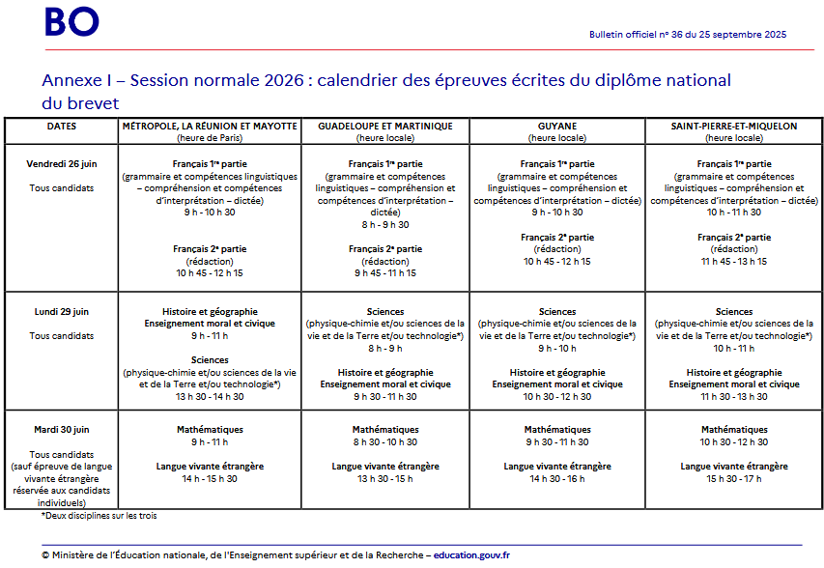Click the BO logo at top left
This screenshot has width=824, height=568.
pyautogui.click(x=71, y=21)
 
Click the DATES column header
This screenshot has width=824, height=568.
pyautogui.click(x=61, y=127)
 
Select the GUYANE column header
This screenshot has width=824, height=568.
pyautogui.click(x=557, y=127)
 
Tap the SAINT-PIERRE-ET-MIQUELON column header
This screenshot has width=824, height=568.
pyautogui.click(x=734, y=127)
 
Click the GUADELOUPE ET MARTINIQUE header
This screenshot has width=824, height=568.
pyautogui.click(x=385, y=127)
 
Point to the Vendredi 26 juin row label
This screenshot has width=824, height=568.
pyautogui.click(x=61, y=163)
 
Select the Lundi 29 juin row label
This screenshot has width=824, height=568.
pyautogui.click(x=61, y=312)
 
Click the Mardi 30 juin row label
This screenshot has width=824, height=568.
pyautogui.click(x=61, y=430)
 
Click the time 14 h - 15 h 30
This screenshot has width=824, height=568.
pyautogui.click(x=210, y=479)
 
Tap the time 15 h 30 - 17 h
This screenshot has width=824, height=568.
pyautogui.click(x=734, y=479)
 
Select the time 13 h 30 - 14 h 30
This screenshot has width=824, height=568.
pyautogui.click(x=210, y=396)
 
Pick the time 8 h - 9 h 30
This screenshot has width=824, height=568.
pyautogui.click(x=384, y=224)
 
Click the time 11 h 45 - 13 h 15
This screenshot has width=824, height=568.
pyautogui.click(x=734, y=261)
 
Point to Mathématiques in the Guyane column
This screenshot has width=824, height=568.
pyautogui.click(x=557, y=430)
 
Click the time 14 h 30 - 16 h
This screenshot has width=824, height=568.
pyautogui.click(x=557, y=479)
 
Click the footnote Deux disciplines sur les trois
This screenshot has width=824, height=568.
pyautogui.click(x=99, y=516)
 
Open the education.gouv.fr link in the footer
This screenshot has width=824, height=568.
pyautogui.click(x=471, y=555)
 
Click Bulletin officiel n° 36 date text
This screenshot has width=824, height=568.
pyautogui.click(x=688, y=35)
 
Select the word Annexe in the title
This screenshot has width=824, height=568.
pyautogui.click(x=73, y=80)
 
